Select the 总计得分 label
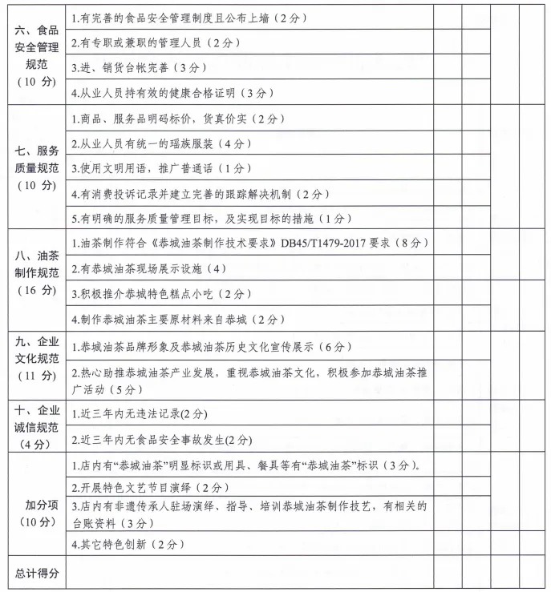coord(34,574)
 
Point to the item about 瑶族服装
coord(161,143)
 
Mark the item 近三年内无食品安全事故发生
coord(161,440)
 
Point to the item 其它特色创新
coord(128,545)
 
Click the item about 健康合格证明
coord(172,93)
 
